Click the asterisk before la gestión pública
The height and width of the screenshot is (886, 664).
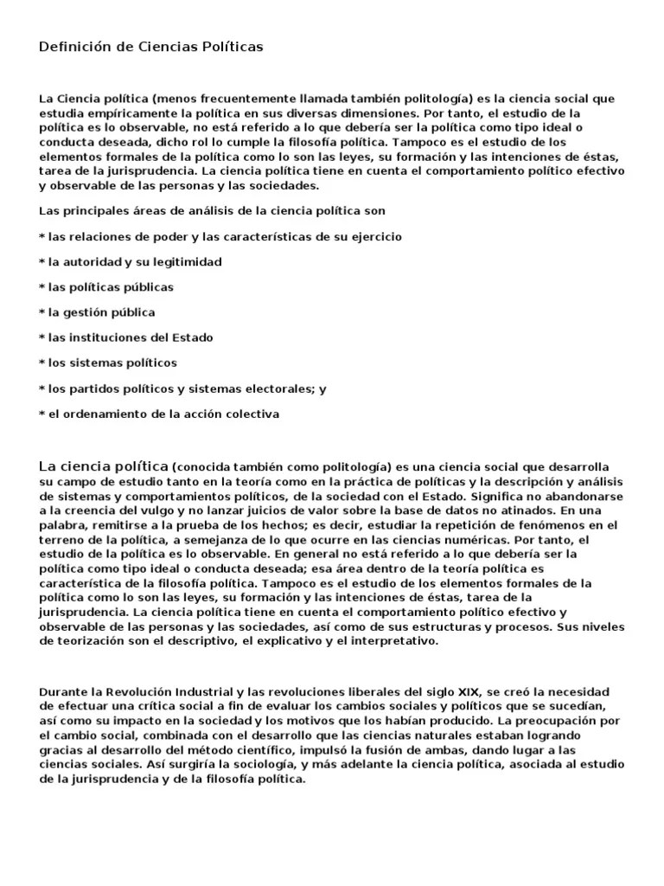click(x=41, y=312)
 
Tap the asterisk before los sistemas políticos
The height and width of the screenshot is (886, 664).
click(x=41, y=363)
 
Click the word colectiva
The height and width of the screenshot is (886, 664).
click(x=252, y=414)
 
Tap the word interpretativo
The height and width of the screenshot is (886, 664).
click(x=395, y=641)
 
